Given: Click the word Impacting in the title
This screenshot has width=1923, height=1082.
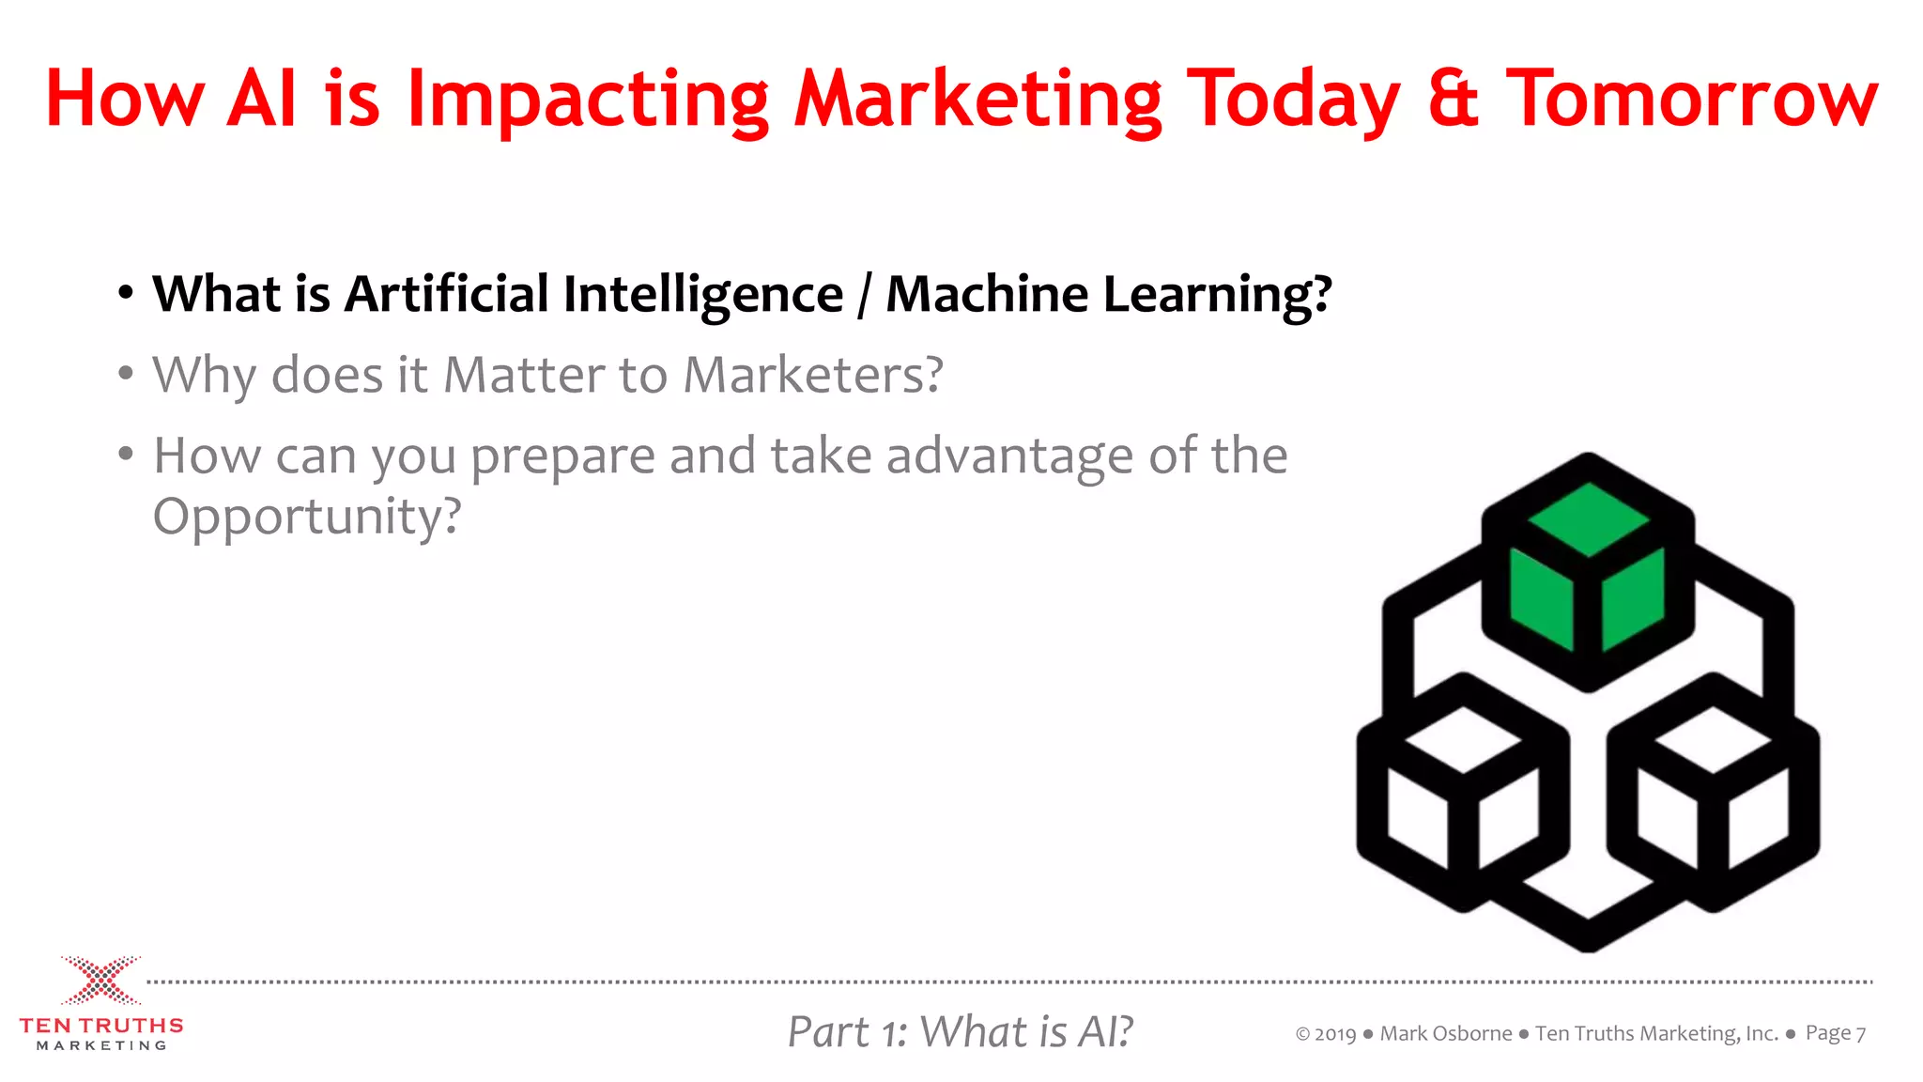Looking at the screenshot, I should pos(588,100).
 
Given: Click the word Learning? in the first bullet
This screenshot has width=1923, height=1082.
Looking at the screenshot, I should pos(1217,296).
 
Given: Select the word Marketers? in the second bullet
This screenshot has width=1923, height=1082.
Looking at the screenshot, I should pos(812,376).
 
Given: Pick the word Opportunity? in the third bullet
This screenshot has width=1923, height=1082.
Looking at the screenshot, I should pos(307,518).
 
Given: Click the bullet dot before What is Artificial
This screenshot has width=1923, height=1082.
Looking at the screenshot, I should pos(126,293).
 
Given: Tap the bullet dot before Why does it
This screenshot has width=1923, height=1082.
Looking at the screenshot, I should pos(126,374).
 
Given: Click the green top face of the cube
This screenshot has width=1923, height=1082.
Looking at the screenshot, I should pos(1588,518).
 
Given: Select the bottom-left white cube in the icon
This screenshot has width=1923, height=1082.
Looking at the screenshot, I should pos(1462,794).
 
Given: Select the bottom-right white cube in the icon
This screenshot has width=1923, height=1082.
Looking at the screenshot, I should pos(1714,794).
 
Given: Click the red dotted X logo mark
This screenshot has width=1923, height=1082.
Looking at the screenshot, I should pos(101,981).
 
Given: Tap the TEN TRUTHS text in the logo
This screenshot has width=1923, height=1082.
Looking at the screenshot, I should pos(101,1026).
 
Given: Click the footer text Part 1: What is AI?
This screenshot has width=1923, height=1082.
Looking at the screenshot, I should pos(960,1032).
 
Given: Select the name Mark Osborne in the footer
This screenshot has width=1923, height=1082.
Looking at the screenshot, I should pos(1445,1034).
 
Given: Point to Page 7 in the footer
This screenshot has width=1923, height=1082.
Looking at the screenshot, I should pos(1835,1034).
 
